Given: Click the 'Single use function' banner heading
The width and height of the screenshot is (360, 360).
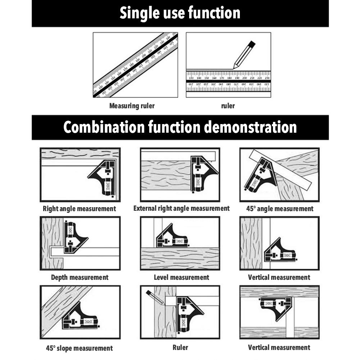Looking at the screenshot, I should (x=180, y=13).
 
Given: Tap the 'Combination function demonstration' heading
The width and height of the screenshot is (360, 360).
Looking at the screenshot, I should (x=180, y=127).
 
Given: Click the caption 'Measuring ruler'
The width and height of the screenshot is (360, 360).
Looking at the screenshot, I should (x=132, y=106).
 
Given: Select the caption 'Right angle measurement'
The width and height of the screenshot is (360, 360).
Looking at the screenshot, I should (x=79, y=209).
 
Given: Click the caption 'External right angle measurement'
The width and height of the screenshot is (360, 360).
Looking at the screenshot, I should (x=181, y=208).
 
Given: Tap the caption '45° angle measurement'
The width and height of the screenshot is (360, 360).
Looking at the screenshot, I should (x=279, y=209).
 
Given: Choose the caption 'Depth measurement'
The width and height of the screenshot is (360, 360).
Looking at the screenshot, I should (x=79, y=277).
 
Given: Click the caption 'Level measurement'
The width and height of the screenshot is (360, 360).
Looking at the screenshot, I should (x=181, y=277).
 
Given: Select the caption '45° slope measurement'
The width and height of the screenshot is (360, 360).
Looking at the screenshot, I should (x=79, y=348).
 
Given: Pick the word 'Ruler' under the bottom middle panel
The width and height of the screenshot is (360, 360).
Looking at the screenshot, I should (x=180, y=347).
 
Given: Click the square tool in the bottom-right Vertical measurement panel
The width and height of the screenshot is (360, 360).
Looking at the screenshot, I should (x=275, y=307).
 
